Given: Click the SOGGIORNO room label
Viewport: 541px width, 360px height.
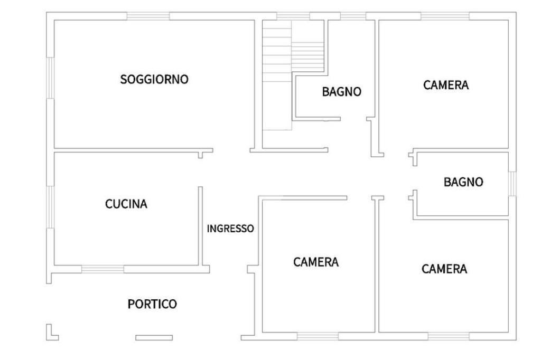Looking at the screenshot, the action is click(154, 80).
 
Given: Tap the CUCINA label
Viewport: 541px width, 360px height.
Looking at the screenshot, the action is click(126, 204).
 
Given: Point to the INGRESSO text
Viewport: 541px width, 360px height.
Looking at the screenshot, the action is click(230, 229).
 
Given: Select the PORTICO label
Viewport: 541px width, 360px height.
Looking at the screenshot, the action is click(152, 304).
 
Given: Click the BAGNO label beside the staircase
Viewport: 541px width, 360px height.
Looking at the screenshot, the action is click(342, 91).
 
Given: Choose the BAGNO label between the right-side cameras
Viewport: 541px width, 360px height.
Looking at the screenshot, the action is click(463, 182).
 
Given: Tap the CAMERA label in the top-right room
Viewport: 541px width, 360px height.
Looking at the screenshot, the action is click(446, 85).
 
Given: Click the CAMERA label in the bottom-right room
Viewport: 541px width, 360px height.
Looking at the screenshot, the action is click(444, 269).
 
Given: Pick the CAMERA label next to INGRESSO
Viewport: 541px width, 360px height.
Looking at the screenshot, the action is click(316, 262).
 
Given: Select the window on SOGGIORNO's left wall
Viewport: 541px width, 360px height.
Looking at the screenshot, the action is click(50, 78).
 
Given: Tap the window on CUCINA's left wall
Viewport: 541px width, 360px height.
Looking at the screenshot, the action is click(50, 206).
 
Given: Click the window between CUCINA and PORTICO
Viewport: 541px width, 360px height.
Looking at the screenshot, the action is click(102, 269).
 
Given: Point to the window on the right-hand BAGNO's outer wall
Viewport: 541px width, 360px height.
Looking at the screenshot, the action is click(511, 184).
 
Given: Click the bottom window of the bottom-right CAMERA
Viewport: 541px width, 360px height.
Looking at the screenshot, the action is click(448, 336).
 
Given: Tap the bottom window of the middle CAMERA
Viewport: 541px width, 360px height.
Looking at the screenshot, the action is click(317, 336).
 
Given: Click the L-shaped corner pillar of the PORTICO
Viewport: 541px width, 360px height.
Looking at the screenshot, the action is click(51, 333).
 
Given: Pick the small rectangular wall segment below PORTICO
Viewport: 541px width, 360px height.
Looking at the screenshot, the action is click(154, 337).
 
